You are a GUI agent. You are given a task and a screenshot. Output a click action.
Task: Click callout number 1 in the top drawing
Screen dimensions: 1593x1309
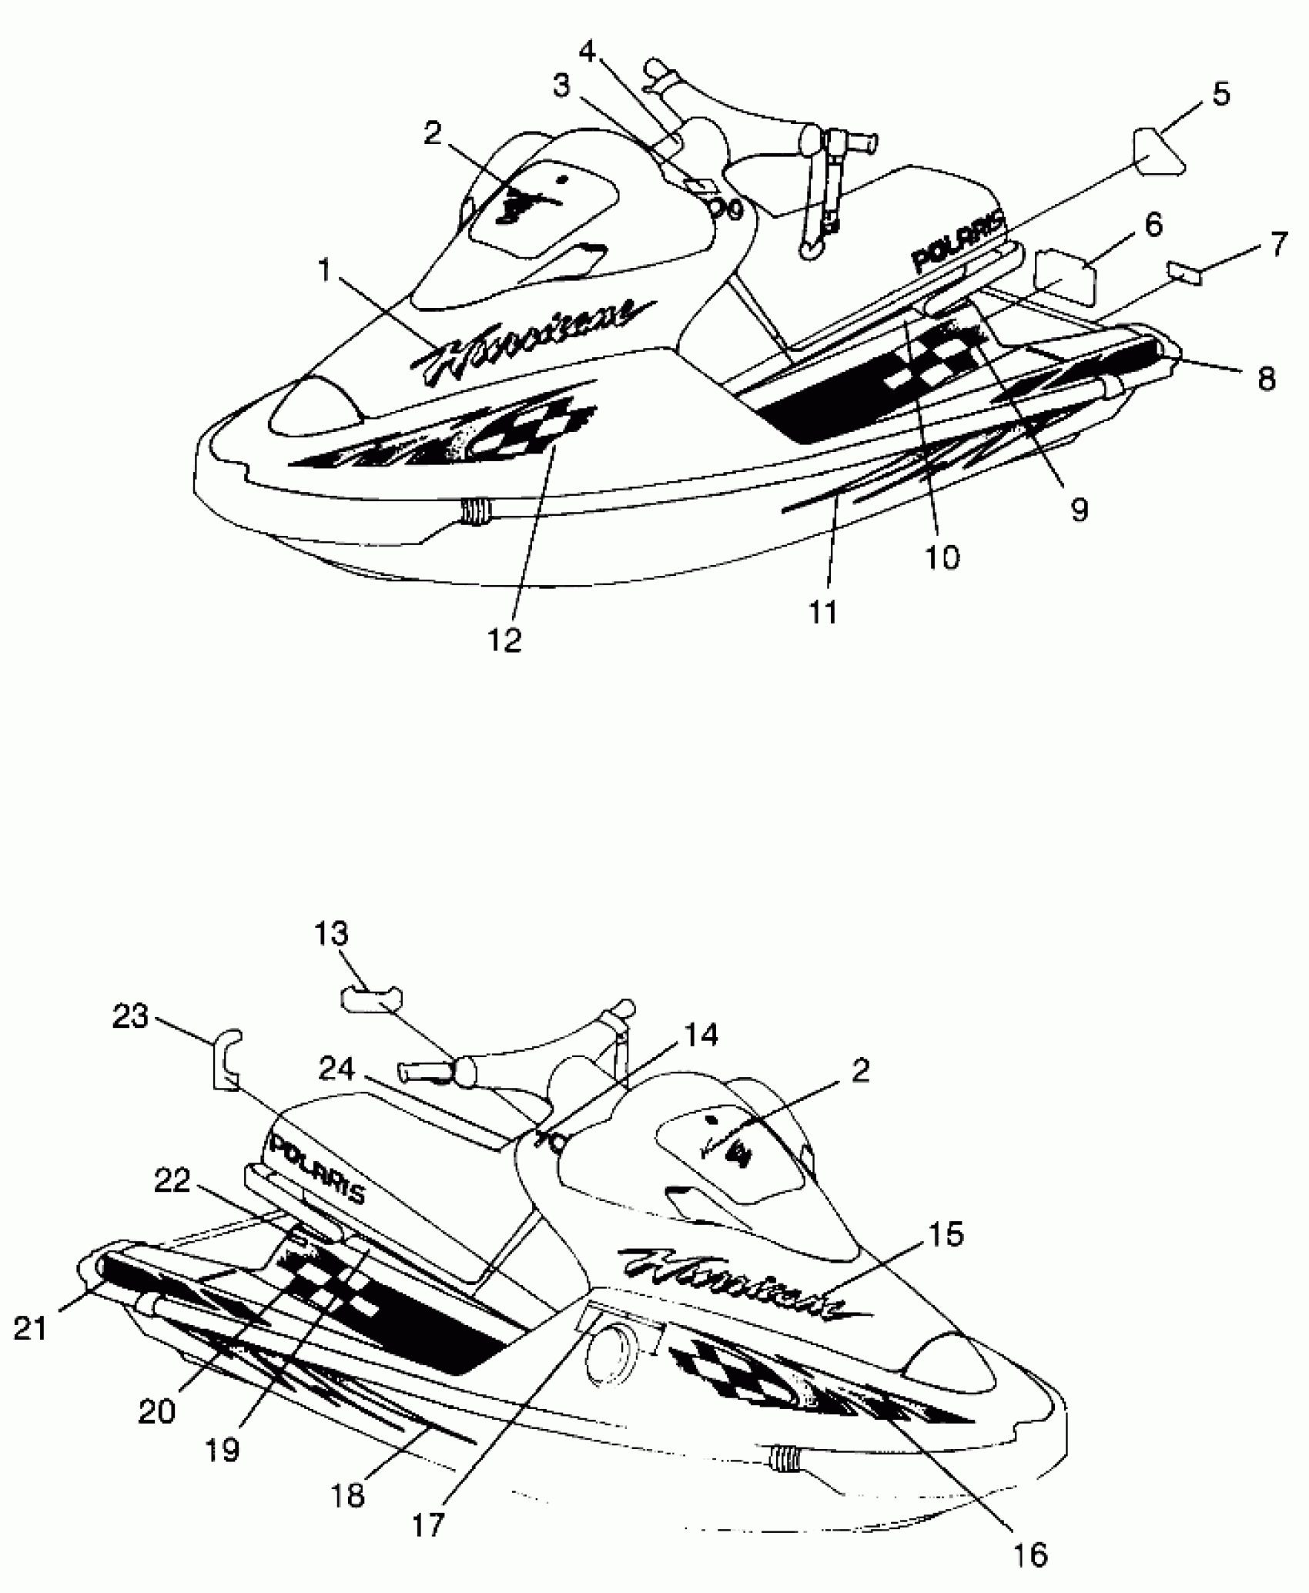(324, 271)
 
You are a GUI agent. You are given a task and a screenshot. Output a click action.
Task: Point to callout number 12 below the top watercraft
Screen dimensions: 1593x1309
(504, 639)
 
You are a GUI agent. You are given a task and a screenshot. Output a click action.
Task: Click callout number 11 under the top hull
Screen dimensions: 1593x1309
(823, 612)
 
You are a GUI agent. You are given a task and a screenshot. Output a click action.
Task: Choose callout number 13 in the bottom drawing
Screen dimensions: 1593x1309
(331, 934)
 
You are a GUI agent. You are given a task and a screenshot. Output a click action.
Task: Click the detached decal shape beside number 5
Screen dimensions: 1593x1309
(1157, 154)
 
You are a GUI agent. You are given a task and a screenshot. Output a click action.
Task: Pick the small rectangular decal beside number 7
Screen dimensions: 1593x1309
(1186, 271)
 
